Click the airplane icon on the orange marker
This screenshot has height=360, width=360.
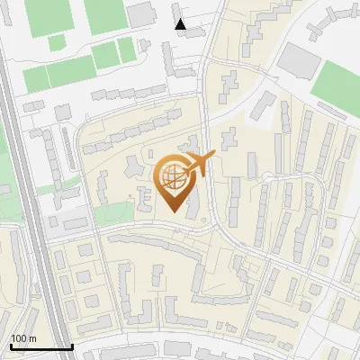click(200, 164)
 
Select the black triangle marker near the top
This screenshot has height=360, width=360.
click(181, 24)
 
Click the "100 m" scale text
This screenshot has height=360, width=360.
click(23, 337)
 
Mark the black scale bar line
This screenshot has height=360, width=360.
click(41, 346)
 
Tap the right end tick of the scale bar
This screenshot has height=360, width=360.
click(73, 345)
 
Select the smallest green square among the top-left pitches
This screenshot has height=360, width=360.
click(56, 42)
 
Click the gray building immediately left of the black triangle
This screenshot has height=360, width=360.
click(141, 13)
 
